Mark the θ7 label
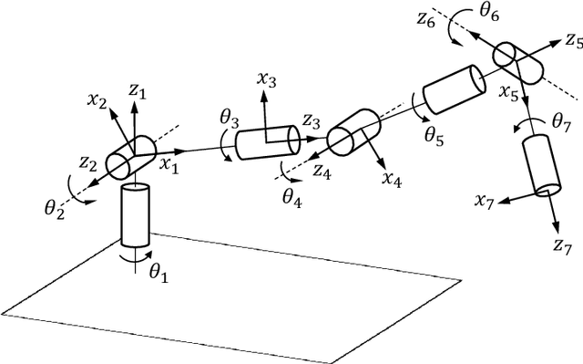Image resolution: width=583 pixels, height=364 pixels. (562, 120)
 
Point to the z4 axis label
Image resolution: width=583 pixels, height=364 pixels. (322, 169)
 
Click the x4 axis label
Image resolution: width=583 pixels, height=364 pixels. (392, 179)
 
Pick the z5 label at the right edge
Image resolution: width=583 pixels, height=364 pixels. (573, 41)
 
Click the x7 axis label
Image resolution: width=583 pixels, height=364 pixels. (484, 200)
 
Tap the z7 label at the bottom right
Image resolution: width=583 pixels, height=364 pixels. (562, 244)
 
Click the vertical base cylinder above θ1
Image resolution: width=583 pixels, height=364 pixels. (135, 214)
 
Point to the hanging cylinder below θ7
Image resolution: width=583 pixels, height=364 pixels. (541, 166)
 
